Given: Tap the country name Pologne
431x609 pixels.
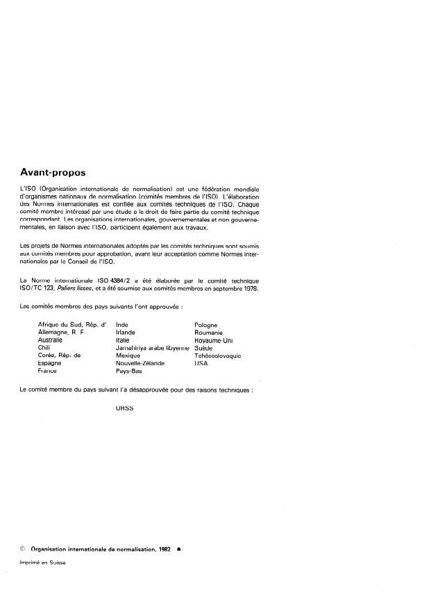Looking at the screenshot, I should (x=205, y=324).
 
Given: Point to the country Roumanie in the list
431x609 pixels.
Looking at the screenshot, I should (x=209, y=333).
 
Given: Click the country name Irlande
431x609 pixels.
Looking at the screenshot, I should (x=126, y=333).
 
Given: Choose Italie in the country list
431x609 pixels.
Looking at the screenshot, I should (x=124, y=340).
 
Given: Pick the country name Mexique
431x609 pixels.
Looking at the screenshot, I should (x=128, y=356).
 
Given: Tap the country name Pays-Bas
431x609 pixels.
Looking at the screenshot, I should (x=128, y=371).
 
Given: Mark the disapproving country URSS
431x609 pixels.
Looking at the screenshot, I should (x=125, y=409).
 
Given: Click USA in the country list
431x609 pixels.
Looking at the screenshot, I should (x=201, y=363).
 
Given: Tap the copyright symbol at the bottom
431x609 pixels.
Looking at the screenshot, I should (x=24, y=548).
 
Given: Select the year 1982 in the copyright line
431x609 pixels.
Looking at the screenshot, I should (x=163, y=548).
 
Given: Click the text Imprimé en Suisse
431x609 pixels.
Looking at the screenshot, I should (x=42, y=562).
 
